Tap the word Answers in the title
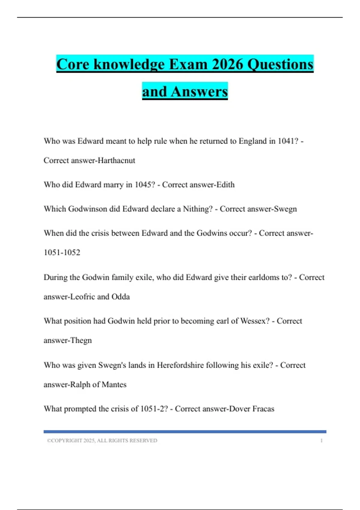pos(199,91)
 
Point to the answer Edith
pos(226,184)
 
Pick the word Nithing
pos(198,209)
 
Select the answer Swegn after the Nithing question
pos(285,209)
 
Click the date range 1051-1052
pos(62,252)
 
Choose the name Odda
pos(121,297)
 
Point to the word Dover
pos(240,409)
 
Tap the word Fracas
pos(263,409)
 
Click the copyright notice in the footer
pos(102,440)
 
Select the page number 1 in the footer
pos(321,440)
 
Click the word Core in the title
pos(73,64)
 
